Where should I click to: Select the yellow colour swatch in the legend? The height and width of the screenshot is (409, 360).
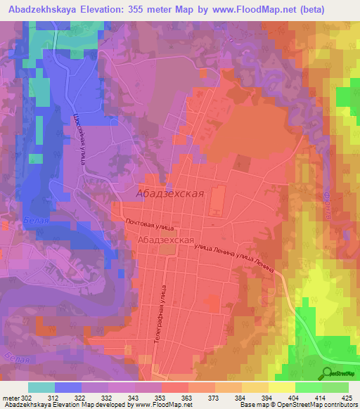point(282,387)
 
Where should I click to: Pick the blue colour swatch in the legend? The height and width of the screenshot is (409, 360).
point(68,387)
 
